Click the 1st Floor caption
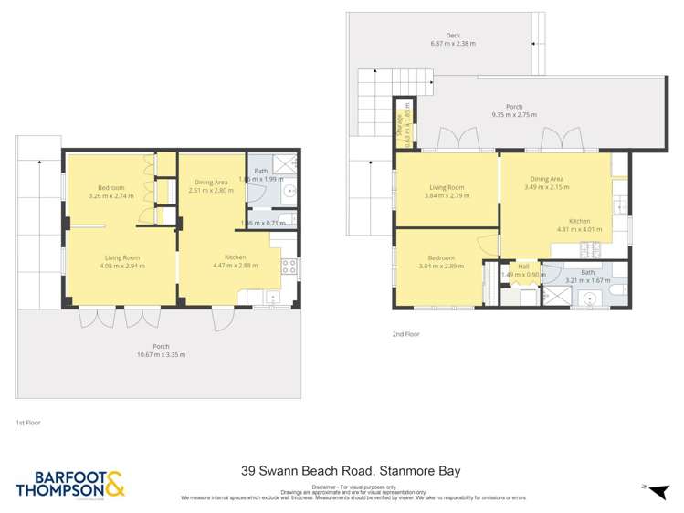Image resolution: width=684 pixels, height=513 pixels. click(x=28, y=423)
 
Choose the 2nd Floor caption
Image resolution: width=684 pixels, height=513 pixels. click(x=406, y=335)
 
